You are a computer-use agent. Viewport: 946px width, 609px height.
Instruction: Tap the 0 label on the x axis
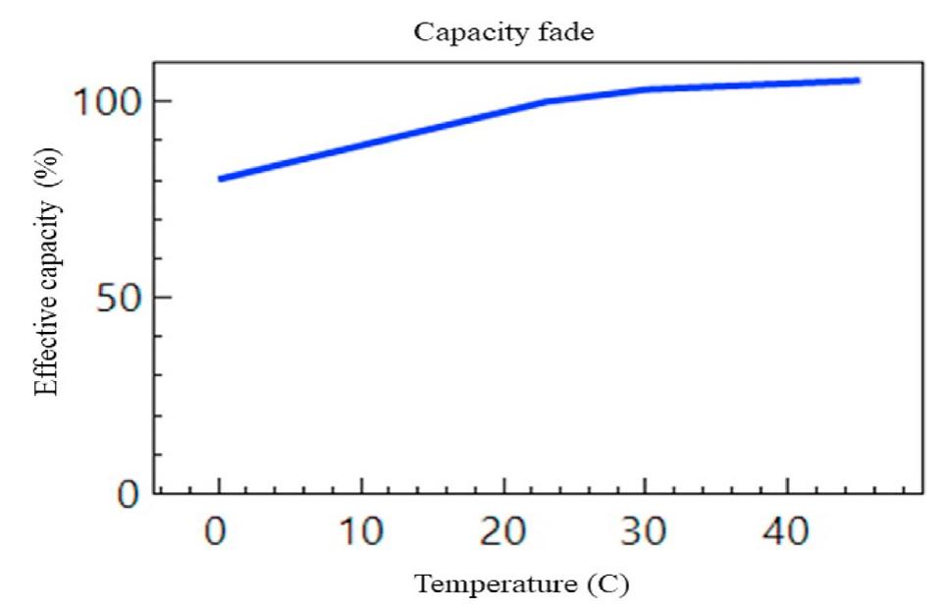219,533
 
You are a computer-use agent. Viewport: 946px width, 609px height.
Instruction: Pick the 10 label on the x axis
361,533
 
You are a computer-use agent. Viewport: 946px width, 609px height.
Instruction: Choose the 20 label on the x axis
503,533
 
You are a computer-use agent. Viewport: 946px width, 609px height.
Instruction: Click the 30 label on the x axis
646,533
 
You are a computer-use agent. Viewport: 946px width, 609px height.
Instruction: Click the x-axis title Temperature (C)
521,584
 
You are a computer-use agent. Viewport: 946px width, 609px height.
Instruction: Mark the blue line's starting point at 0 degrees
220,179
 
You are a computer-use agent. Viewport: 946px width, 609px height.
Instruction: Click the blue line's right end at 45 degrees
859,81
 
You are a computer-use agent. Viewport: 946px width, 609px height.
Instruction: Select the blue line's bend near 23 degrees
547,101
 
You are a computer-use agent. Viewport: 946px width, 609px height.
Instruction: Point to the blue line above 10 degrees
361,145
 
